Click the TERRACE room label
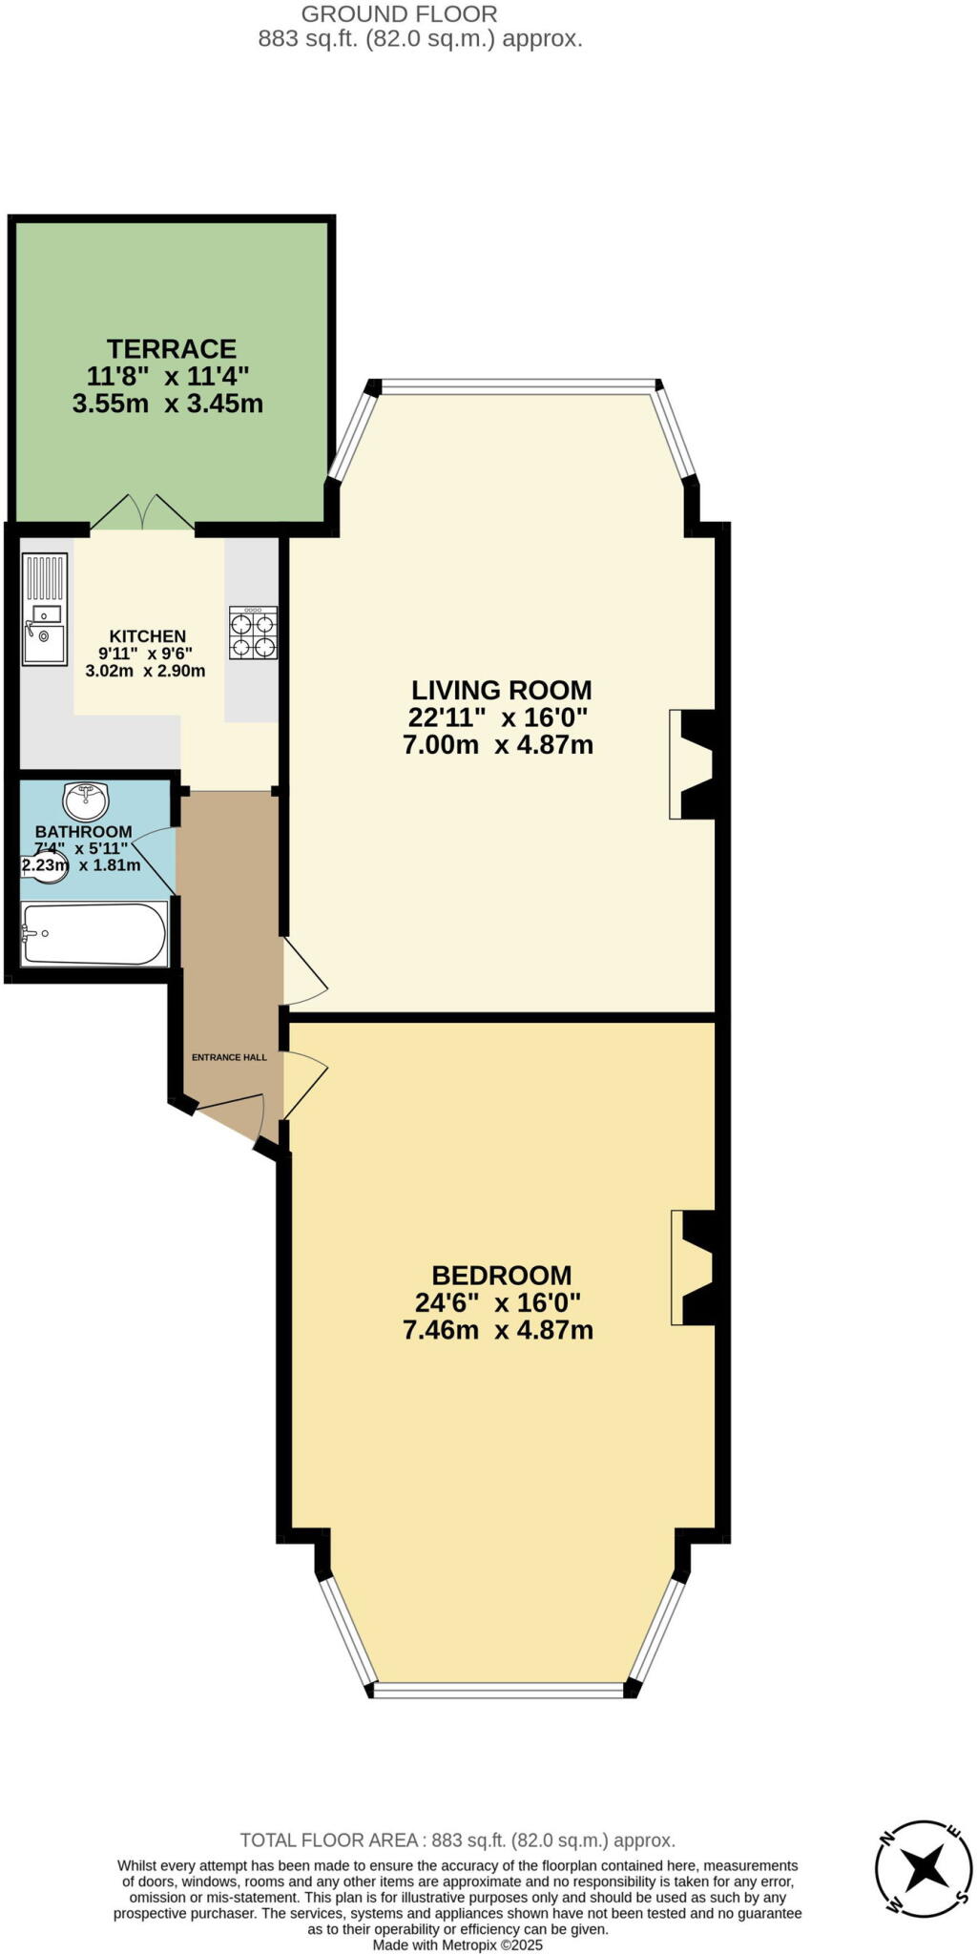pyautogui.click(x=172, y=348)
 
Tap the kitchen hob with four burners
pyautogui.click(x=253, y=634)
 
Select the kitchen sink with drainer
pyautogui.click(x=45, y=610)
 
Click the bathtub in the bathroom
pyautogui.click(x=94, y=934)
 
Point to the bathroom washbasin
pyautogui.click(x=86, y=800)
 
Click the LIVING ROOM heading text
pyautogui.click(x=501, y=690)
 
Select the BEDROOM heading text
pyautogui.click(x=501, y=1276)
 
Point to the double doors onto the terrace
pyautogui.click(x=142, y=513)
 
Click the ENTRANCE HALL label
pyautogui.click(x=229, y=1057)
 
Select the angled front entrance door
pyautogui.click(x=227, y=1116)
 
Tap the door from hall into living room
pyautogui.click(x=303, y=973)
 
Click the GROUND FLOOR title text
pyautogui.click(x=399, y=14)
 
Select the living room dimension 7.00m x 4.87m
pyautogui.click(x=498, y=745)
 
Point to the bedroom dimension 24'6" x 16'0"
pyautogui.click(x=498, y=1302)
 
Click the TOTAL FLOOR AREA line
pyautogui.click(x=457, y=1840)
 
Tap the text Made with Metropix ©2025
pyautogui.click(x=457, y=1944)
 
